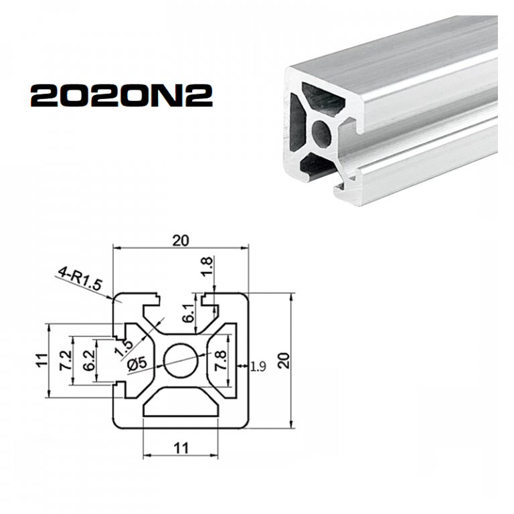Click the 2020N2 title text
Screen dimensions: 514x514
122,96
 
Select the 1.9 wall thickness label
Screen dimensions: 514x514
258,366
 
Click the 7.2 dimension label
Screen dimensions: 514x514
66,361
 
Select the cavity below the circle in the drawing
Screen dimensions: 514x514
181,405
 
